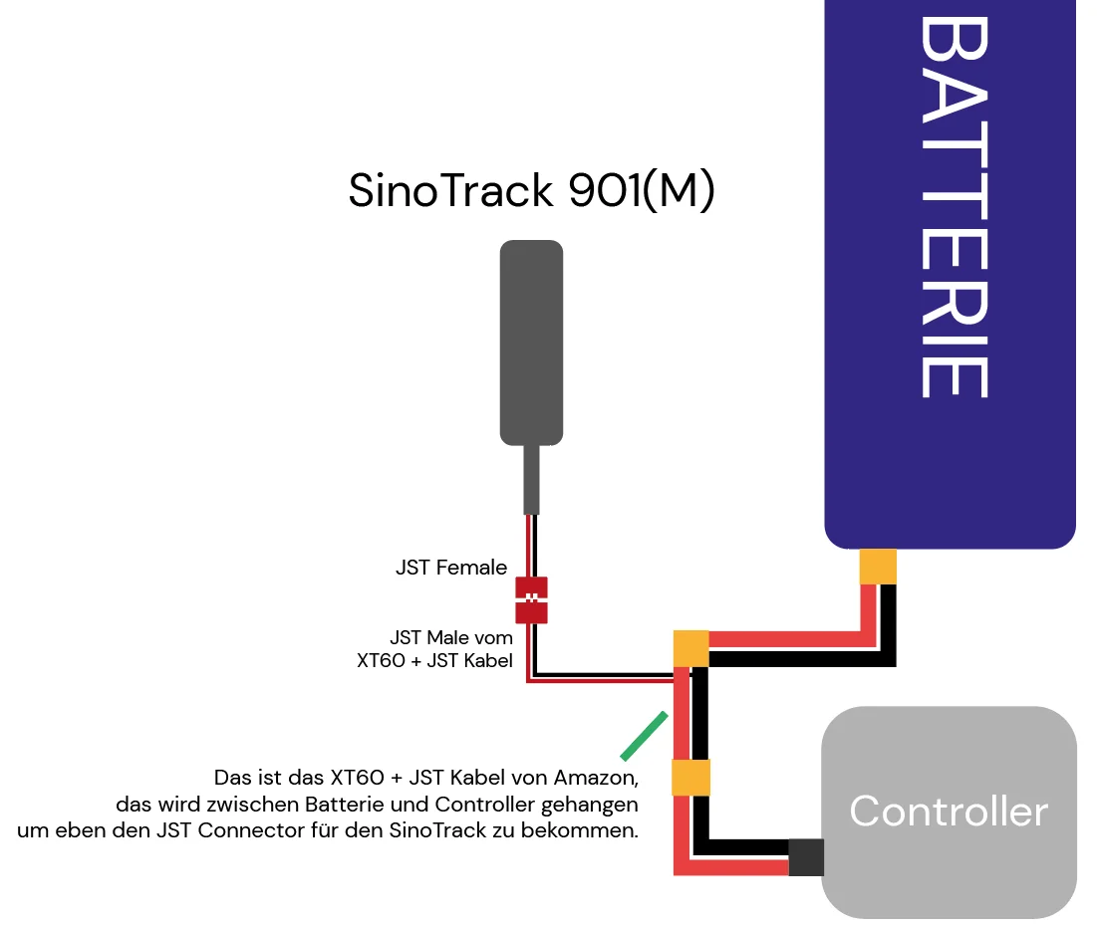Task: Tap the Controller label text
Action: (949, 812)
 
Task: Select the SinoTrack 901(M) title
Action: (531, 191)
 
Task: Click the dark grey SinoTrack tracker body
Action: (531, 343)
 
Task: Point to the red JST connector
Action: (531, 599)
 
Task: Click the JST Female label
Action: (451, 569)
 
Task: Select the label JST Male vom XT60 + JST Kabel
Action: (435, 648)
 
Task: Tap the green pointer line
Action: (643, 735)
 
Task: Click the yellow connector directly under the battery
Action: (878, 567)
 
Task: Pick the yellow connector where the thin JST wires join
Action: (690, 647)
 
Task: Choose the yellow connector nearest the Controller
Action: (690, 778)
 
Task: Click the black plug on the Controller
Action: (805, 857)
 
